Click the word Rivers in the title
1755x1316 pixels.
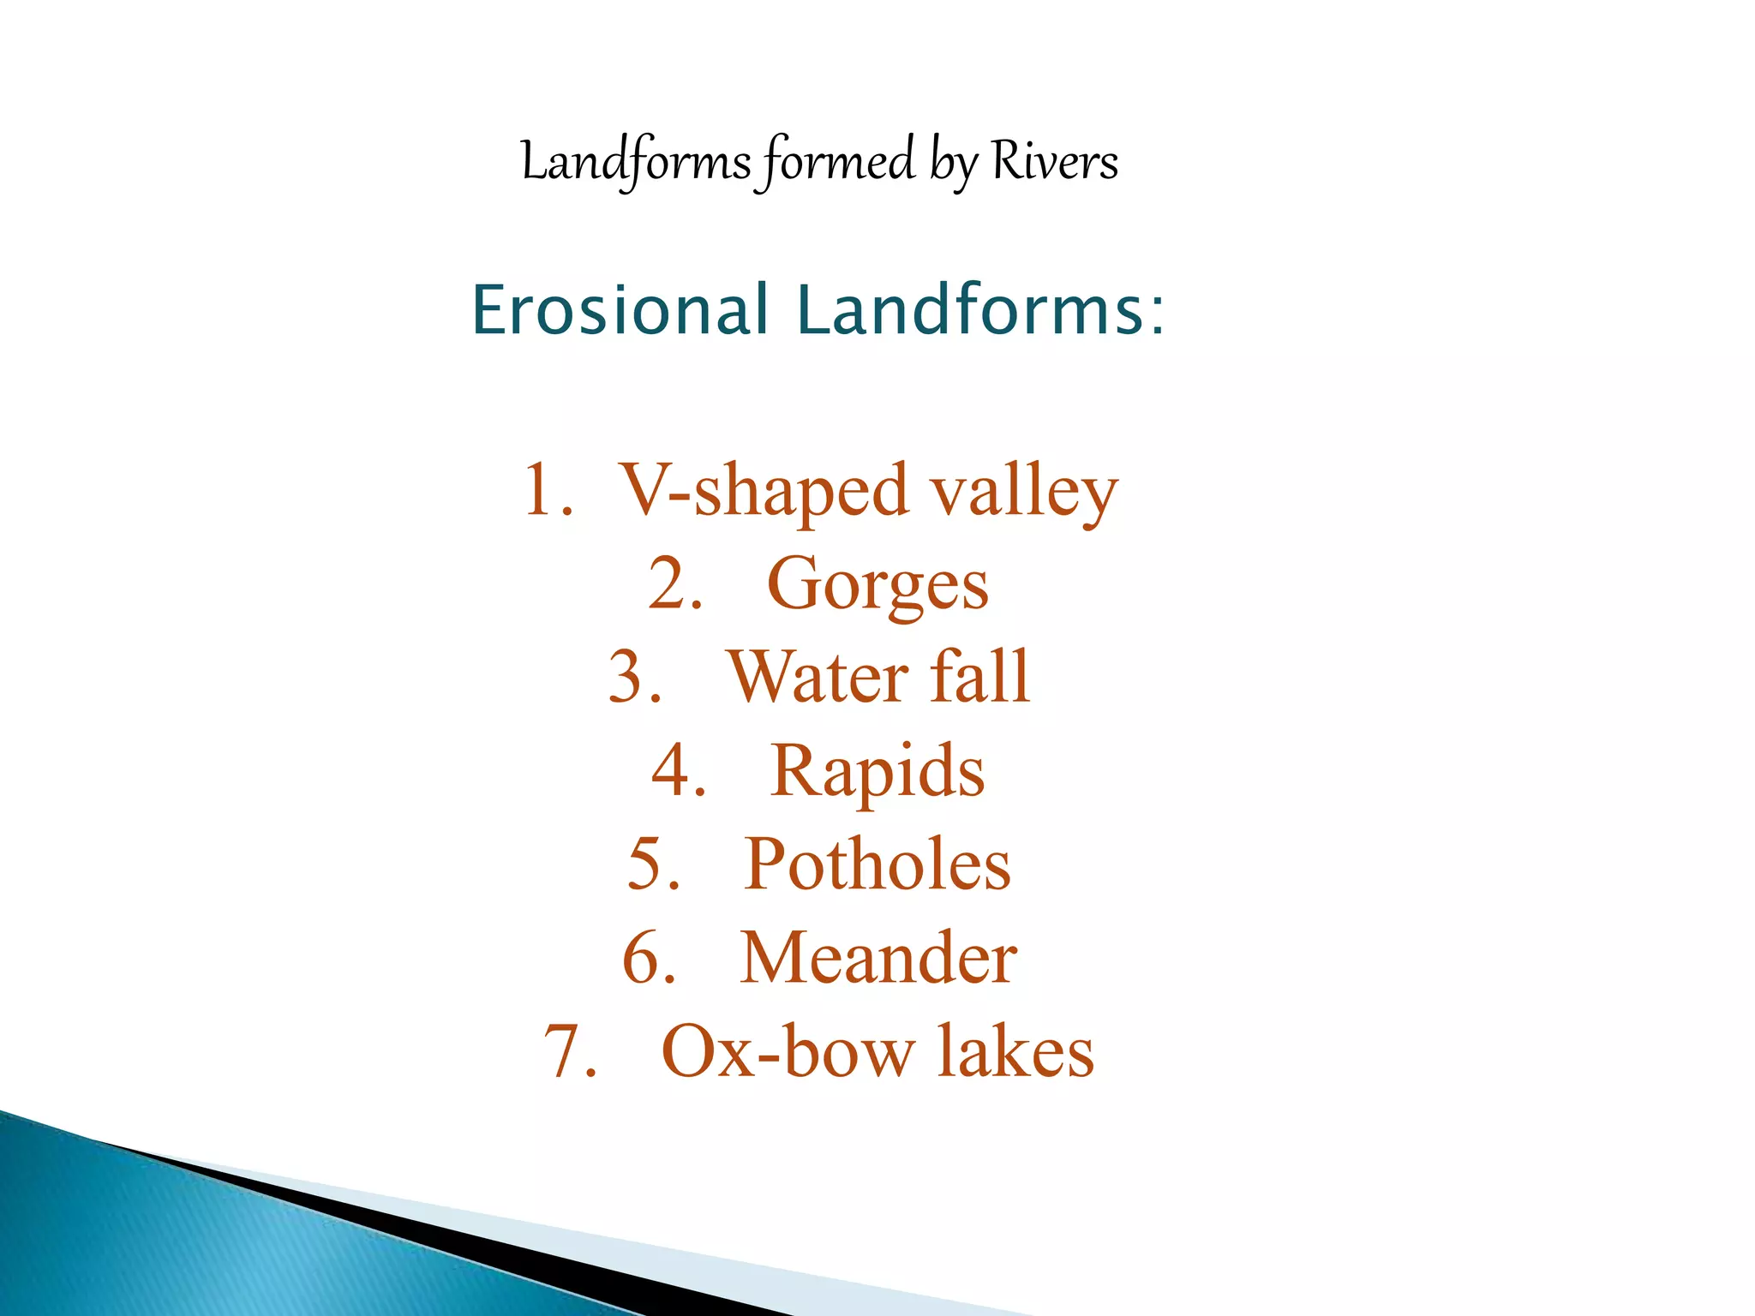[x=1055, y=161]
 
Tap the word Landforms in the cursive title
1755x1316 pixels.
[x=636, y=161]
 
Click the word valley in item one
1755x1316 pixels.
[x=1025, y=493]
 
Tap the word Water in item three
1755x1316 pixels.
[x=818, y=677]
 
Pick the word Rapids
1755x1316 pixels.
[x=877, y=771]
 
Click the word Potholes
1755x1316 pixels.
[x=877, y=864]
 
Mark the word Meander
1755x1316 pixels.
[x=878, y=957]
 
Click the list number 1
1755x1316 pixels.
[x=540, y=491]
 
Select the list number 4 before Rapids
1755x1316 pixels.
[x=669, y=770]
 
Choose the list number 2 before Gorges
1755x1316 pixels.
[x=666, y=584]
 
